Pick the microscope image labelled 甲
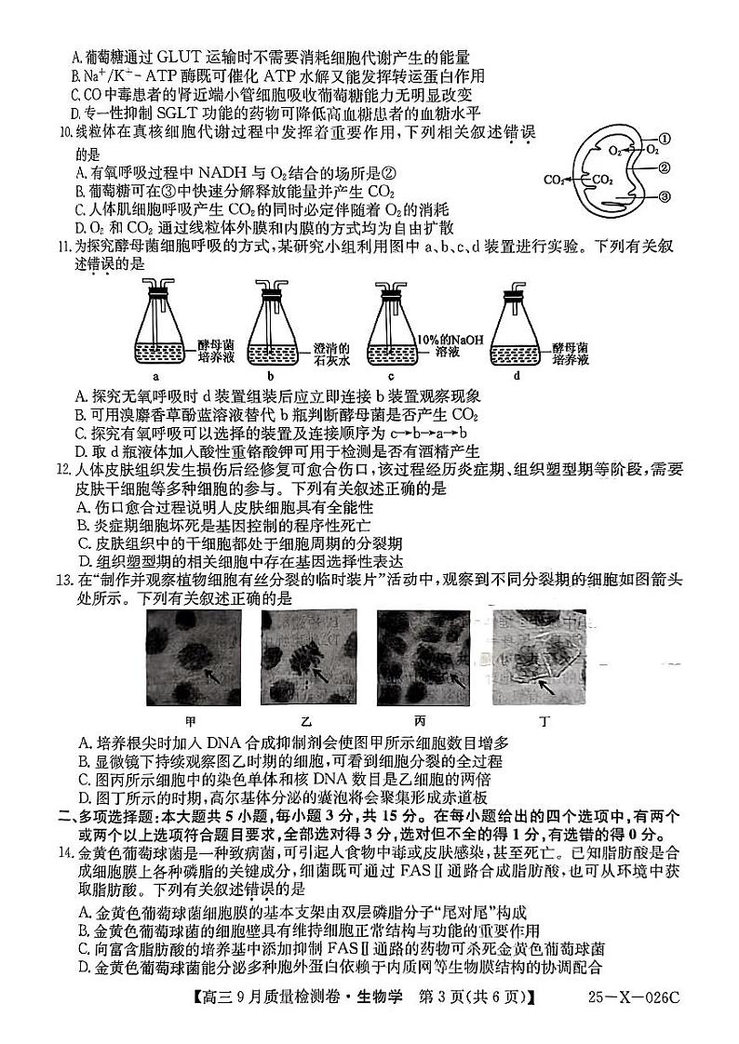click(x=192, y=660)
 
